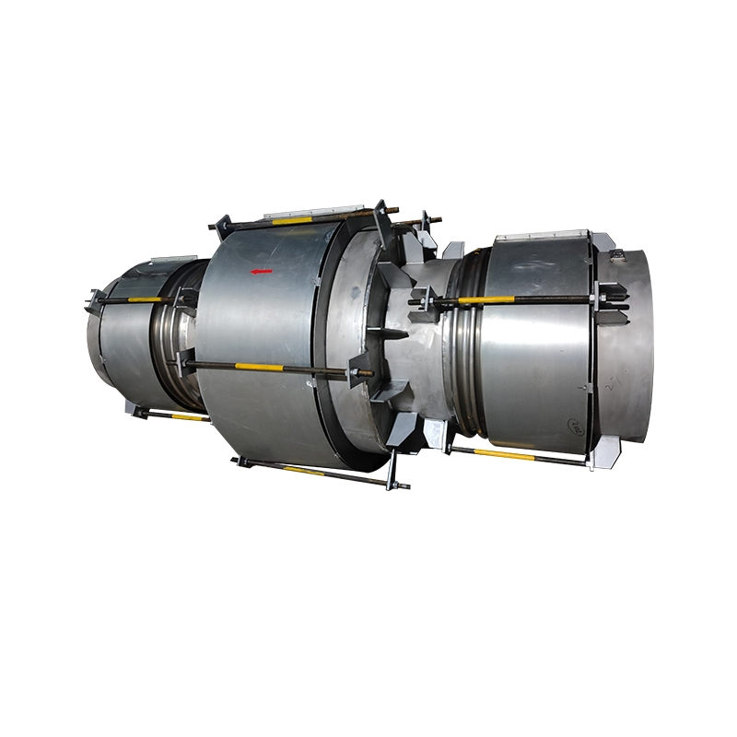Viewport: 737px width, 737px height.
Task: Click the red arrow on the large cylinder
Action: tap(263, 271)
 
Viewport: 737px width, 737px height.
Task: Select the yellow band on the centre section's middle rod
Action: tap(260, 367)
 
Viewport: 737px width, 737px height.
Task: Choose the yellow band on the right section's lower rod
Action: tap(502, 454)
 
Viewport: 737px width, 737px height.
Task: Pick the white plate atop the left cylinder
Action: tap(169, 262)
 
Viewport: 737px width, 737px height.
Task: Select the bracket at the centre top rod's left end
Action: tap(220, 223)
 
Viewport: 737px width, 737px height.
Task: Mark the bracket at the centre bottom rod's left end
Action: tap(241, 460)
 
